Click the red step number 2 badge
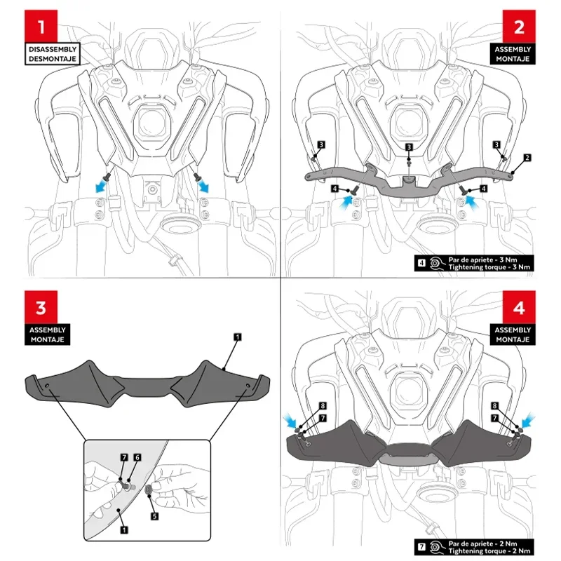click(x=519, y=28)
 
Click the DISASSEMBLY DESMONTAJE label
click(x=53, y=55)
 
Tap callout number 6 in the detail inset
click(x=137, y=457)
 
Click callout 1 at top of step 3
click(x=237, y=338)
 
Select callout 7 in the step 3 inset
click(x=123, y=457)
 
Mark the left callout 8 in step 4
click(x=322, y=406)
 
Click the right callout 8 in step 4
click(x=495, y=406)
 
